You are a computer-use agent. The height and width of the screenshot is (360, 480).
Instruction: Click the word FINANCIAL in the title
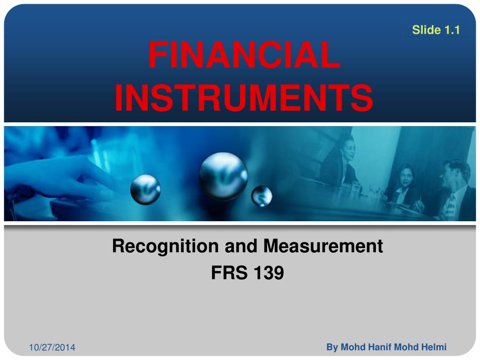244,55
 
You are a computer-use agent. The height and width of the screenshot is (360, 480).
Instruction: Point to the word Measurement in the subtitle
323,246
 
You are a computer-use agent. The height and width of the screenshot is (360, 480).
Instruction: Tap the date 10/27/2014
52,348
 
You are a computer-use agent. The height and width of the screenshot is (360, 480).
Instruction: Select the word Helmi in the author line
434,347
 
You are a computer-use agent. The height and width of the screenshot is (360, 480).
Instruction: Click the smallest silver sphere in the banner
262,196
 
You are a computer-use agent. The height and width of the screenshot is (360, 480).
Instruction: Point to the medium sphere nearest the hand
145,189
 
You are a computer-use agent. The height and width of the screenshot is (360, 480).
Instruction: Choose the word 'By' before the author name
332,347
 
